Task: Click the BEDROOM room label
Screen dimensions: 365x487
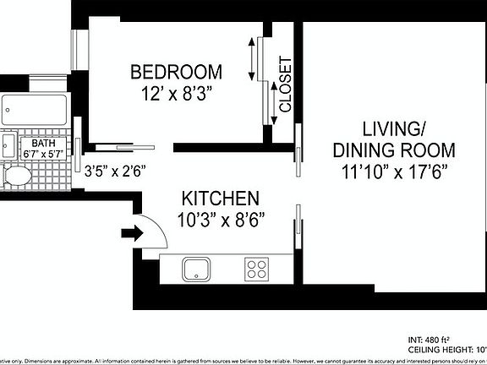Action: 176,72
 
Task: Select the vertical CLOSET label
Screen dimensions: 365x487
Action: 285,84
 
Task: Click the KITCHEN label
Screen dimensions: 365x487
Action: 220,199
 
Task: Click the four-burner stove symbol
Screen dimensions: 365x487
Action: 257,270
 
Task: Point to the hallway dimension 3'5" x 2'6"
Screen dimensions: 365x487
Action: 116,170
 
